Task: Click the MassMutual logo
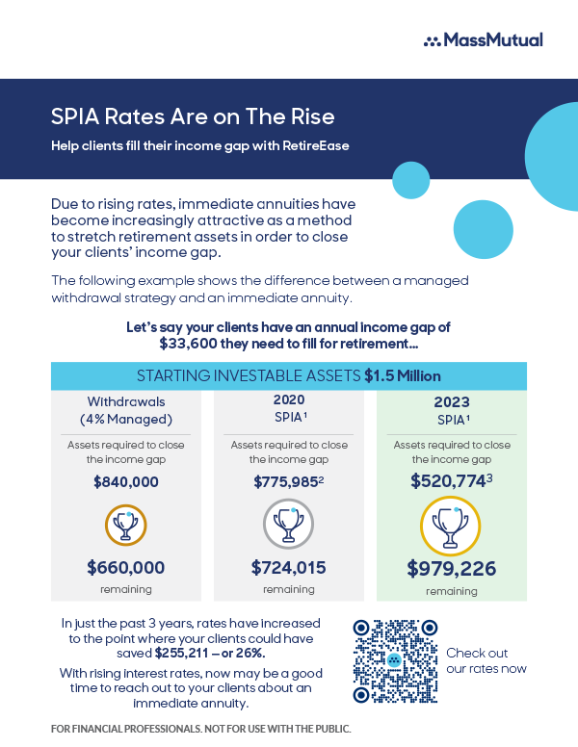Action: click(483, 39)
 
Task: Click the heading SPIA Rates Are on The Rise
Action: click(193, 117)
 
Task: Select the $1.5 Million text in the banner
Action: click(403, 375)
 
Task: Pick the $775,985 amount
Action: click(286, 482)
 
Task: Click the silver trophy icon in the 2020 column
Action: click(288, 526)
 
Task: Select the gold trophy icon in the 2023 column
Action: click(450, 527)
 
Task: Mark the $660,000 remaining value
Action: click(126, 568)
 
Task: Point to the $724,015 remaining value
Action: click(288, 568)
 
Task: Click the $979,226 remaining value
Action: click(451, 568)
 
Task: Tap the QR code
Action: click(394, 661)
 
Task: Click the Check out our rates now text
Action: click(486, 660)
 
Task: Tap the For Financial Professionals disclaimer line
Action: click(200, 728)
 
